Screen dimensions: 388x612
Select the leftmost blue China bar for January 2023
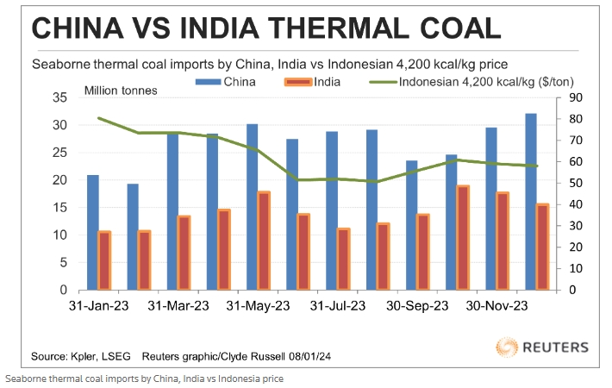pyautogui.click(x=92, y=233)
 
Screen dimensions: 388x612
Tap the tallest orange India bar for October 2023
pyautogui.click(x=462, y=238)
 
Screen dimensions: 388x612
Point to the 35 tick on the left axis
pyautogui.click(x=62, y=98)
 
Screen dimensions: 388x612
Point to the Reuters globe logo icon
pyautogui.click(x=509, y=348)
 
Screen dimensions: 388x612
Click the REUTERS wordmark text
pyautogui.click(x=556, y=348)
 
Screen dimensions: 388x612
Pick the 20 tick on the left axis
pyautogui.click(x=62, y=180)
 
